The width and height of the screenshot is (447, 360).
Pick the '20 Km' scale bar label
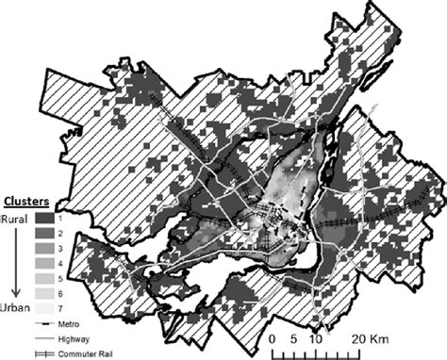pos(367,337)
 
